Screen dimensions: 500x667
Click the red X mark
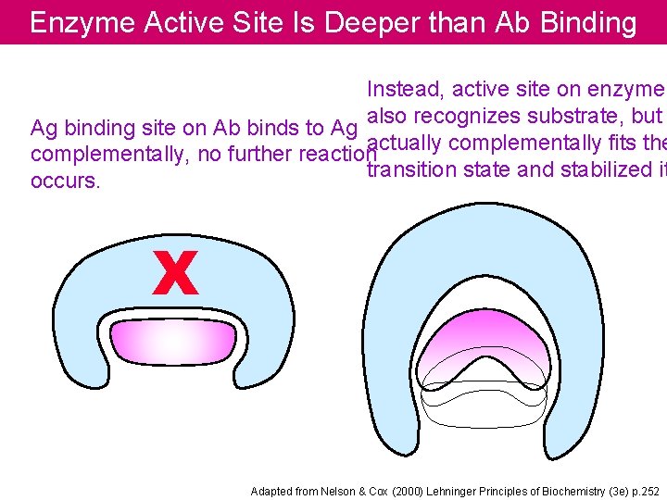tap(175, 275)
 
